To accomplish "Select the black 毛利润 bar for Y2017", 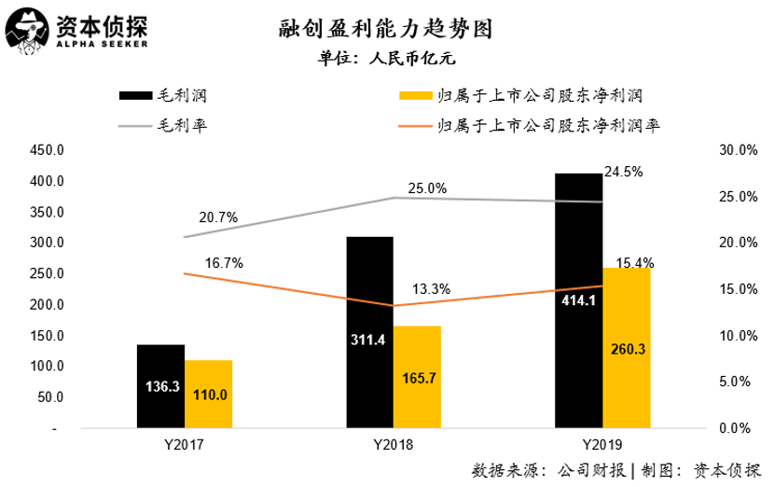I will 160,386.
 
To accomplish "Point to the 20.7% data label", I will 219,217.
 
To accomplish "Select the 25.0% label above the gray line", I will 428,188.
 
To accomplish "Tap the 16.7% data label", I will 224,263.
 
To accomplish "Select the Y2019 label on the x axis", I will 602,445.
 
